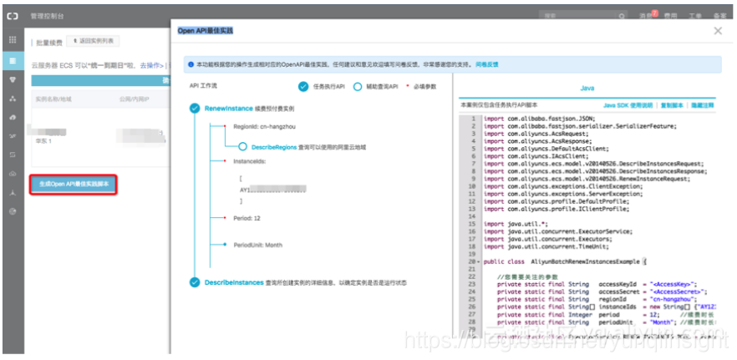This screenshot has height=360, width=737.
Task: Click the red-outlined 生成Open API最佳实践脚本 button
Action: click(73, 184)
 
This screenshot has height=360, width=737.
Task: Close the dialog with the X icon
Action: click(718, 31)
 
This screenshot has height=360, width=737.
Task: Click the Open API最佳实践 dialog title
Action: click(206, 31)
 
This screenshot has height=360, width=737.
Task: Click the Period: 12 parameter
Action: click(249, 219)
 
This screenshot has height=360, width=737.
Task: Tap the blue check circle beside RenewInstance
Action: click(195, 109)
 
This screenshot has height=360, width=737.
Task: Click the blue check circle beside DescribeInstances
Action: click(195, 282)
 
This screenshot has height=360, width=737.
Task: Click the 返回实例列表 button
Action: click(97, 40)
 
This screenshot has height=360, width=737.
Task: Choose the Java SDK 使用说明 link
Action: click(628, 106)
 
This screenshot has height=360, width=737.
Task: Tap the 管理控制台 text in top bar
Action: click(46, 15)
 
